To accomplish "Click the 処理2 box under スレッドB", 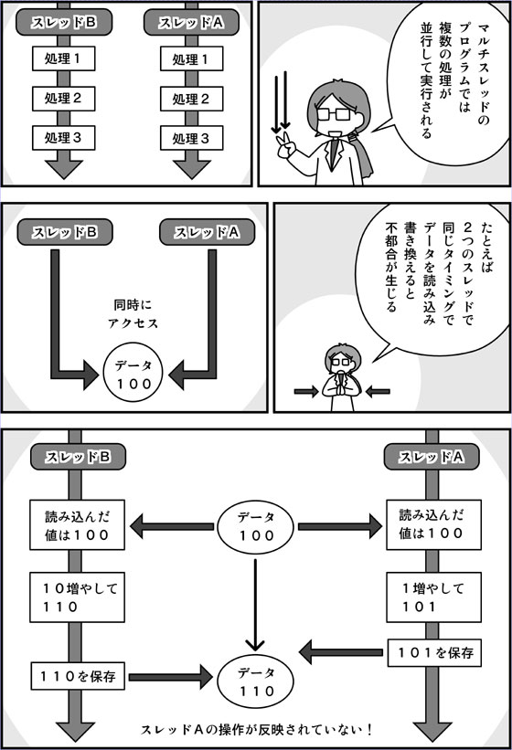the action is pos(64,99).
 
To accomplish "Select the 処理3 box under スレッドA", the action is pos(191,138).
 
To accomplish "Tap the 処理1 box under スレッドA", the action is pos(191,58).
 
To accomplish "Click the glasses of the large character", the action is pos(333,114).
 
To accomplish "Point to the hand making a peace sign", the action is pos(285,146).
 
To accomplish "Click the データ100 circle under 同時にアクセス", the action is pos(133,374).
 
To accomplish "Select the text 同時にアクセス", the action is pos(133,313).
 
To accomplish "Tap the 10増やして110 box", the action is pos(77,597).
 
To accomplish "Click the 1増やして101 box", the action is pos(433,597).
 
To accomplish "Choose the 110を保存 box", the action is pos(78,676).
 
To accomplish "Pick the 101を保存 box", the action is pos(434,652).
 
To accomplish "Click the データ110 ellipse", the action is pos(255,681).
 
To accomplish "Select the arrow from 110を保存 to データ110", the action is pos(171,677).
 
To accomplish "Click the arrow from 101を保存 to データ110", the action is pos(341,652).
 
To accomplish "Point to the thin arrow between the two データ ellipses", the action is pos(255,605).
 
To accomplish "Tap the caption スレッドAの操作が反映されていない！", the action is pos(257,729).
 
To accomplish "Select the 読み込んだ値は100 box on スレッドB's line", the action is pos(77,524).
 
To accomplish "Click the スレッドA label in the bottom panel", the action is pos(432,457).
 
